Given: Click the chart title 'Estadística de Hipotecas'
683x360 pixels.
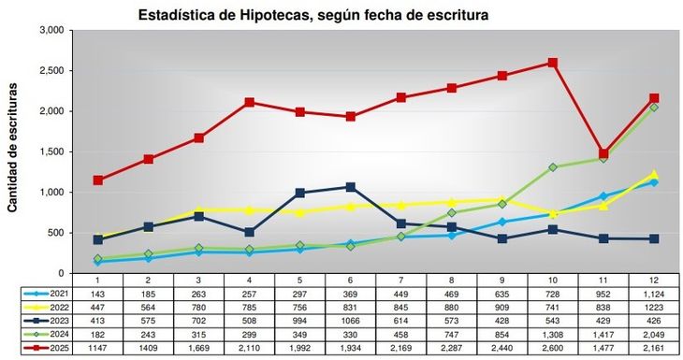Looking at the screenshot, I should tap(313, 16).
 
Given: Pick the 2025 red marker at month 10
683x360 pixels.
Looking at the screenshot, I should tap(553, 63).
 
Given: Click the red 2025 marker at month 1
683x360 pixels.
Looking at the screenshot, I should tap(98, 180).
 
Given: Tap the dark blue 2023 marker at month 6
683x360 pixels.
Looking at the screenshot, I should tap(351, 187).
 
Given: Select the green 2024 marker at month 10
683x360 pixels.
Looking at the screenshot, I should tap(553, 167).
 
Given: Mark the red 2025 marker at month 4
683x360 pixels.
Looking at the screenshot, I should tap(250, 102).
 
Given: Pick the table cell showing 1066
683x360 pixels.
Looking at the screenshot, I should tap(351, 320).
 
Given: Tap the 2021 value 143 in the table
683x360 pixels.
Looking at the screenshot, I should tap(98, 294).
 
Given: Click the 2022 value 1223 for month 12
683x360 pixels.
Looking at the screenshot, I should tap(654, 307).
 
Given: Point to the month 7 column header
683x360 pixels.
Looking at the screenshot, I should tap(401, 280).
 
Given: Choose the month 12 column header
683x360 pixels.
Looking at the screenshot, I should tap(654, 280).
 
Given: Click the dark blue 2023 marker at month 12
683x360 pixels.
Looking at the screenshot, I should tap(654, 238).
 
